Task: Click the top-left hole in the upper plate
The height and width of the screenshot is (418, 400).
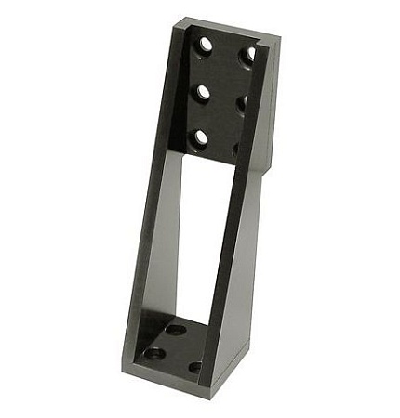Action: point(205,43)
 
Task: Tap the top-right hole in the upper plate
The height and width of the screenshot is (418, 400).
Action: point(247,55)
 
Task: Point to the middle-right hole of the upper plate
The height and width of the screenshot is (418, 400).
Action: point(242,104)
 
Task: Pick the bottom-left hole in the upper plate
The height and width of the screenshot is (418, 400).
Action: point(200,138)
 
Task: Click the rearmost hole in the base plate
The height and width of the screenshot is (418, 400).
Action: point(174,330)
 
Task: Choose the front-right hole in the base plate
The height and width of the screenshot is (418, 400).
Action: point(195,367)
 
